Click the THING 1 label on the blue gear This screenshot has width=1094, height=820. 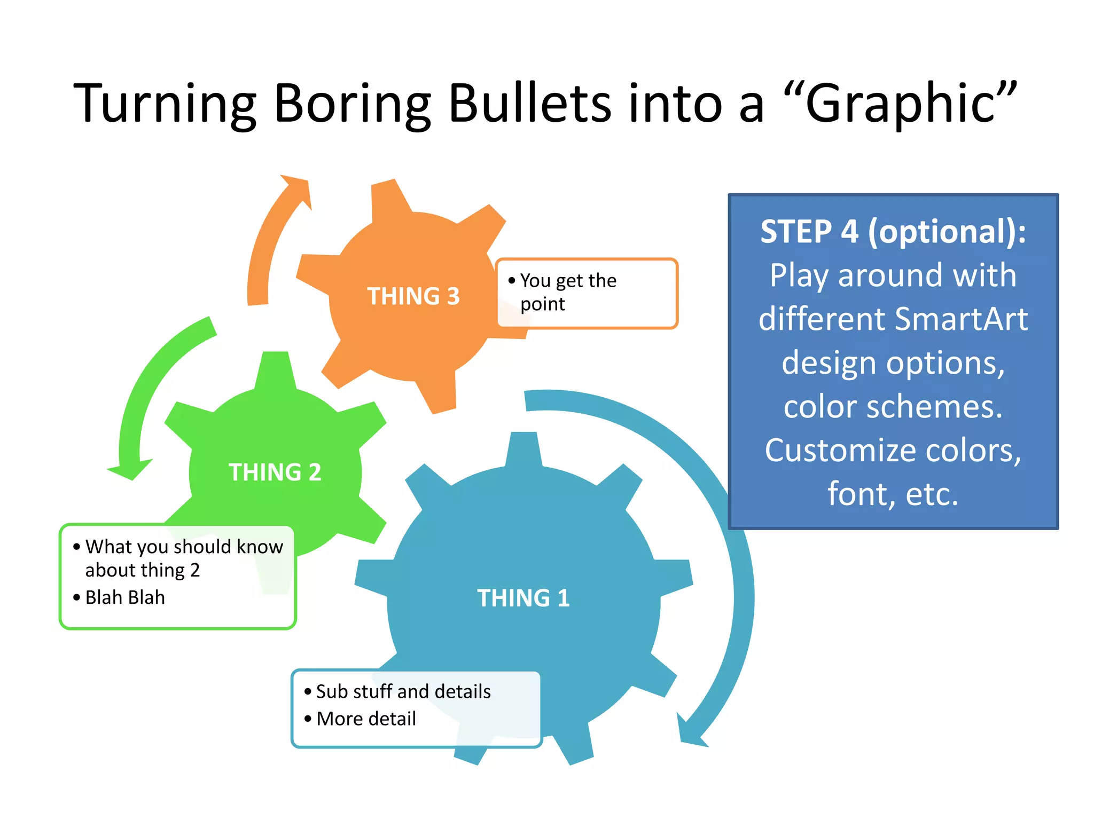(523, 598)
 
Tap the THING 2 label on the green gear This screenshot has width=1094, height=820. (275, 472)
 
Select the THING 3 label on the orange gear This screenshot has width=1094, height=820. (413, 296)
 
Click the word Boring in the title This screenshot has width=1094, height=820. (352, 104)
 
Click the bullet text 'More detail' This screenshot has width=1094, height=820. (366, 719)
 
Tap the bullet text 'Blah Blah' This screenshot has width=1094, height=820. (125, 597)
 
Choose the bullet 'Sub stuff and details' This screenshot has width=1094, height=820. (403, 691)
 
